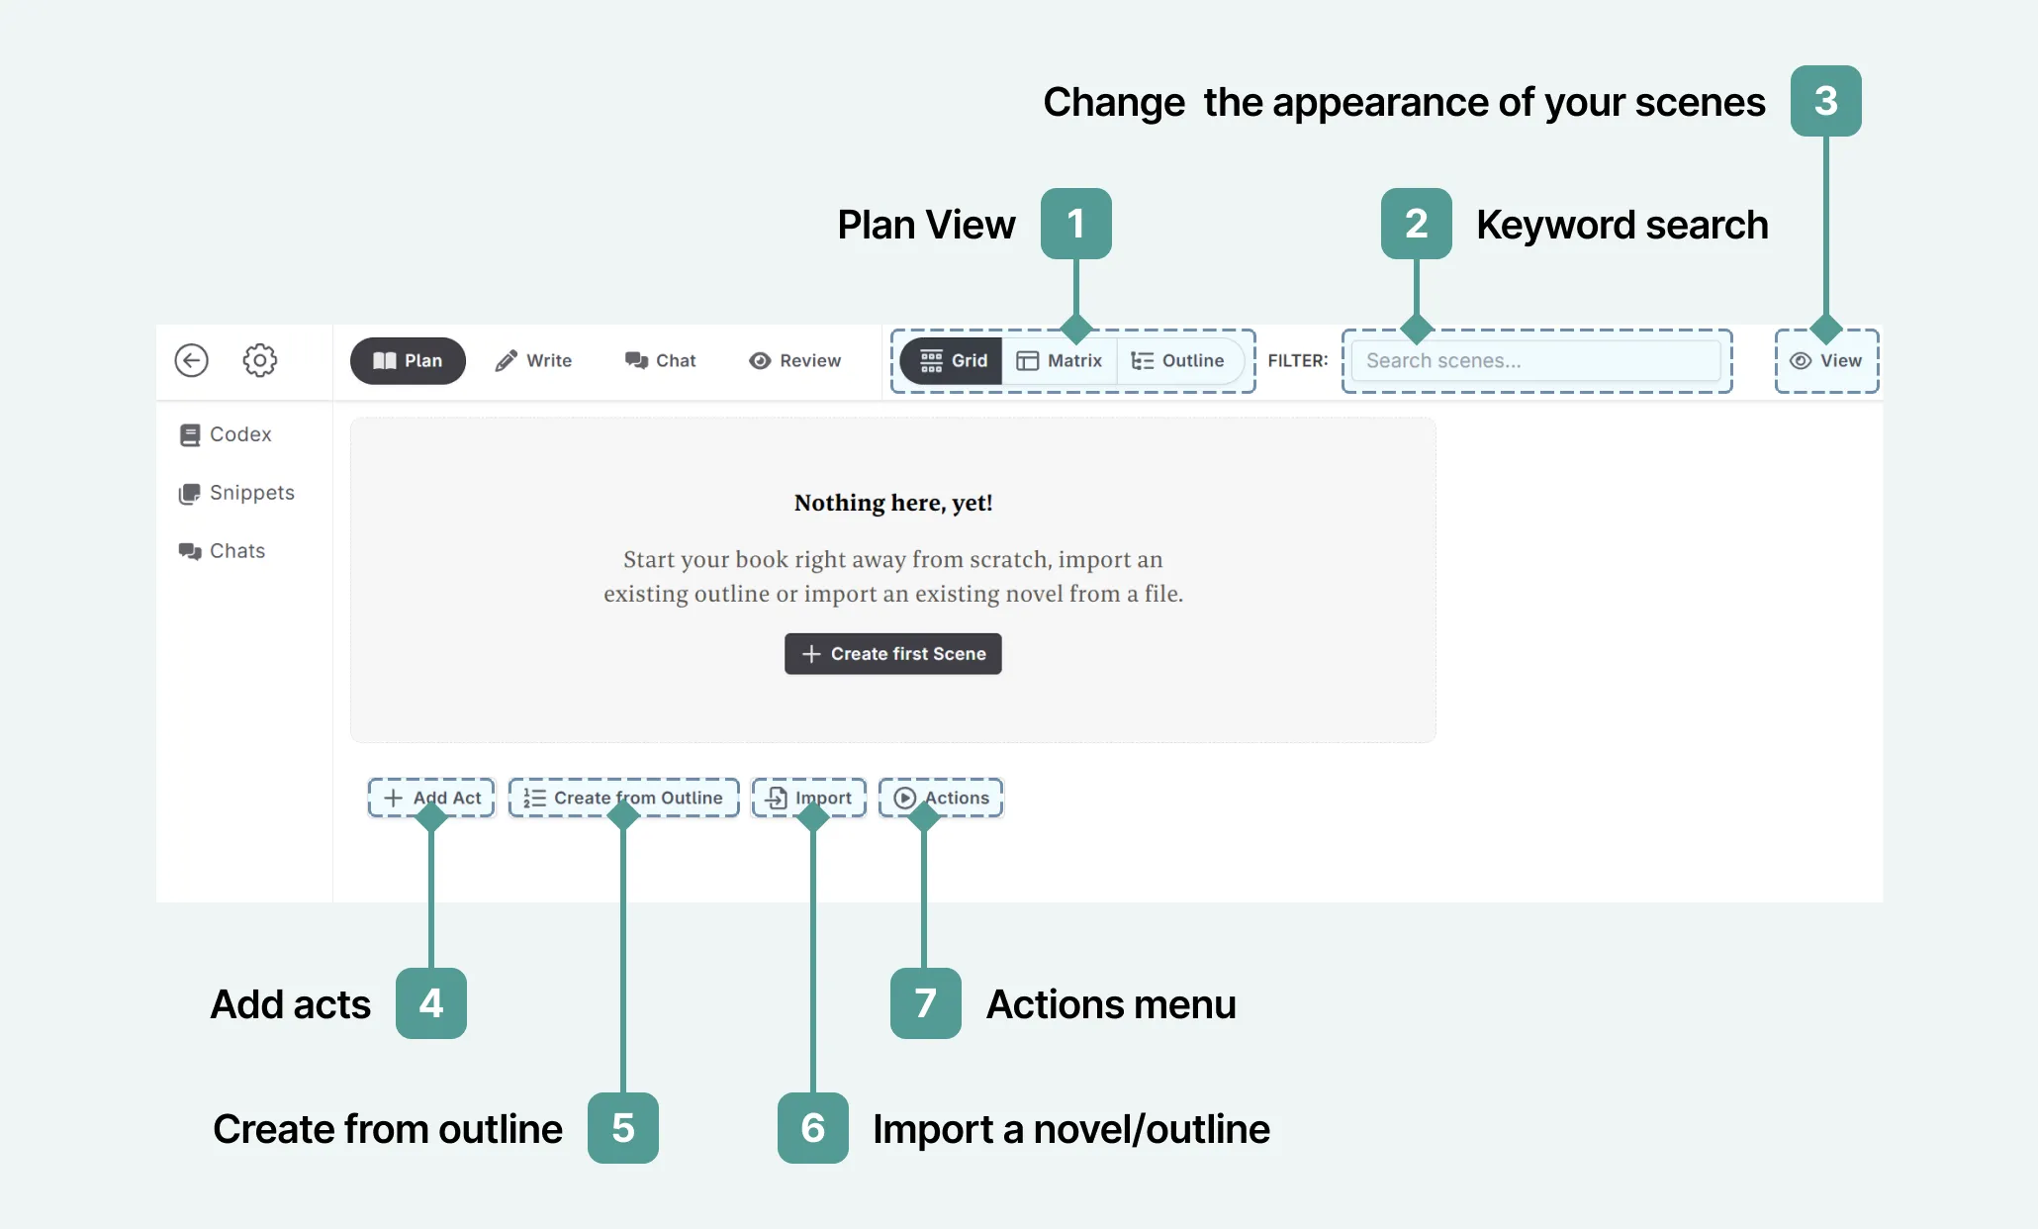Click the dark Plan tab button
click(x=408, y=361)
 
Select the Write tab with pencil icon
click(x=533, y=361)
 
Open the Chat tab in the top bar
click(x=661, y=361)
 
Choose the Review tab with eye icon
click(x=795, y=361)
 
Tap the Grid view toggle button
click(x=954, y=361)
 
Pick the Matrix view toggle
click(x=1060, y=361)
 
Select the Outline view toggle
click(x=1178, y=361)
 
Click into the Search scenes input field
click(x=1535, y=361)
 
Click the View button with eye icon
click(x=1826, y=361)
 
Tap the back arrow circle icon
click(x=192, y=360)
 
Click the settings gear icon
click(x=260, y=360)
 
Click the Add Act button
click(x=432, y=798)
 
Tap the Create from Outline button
click(x=623, y=798)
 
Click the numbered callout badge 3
click(x=1825, y=101)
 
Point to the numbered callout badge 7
click(x=925, y=1003)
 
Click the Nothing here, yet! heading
click(x=893, y=503)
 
